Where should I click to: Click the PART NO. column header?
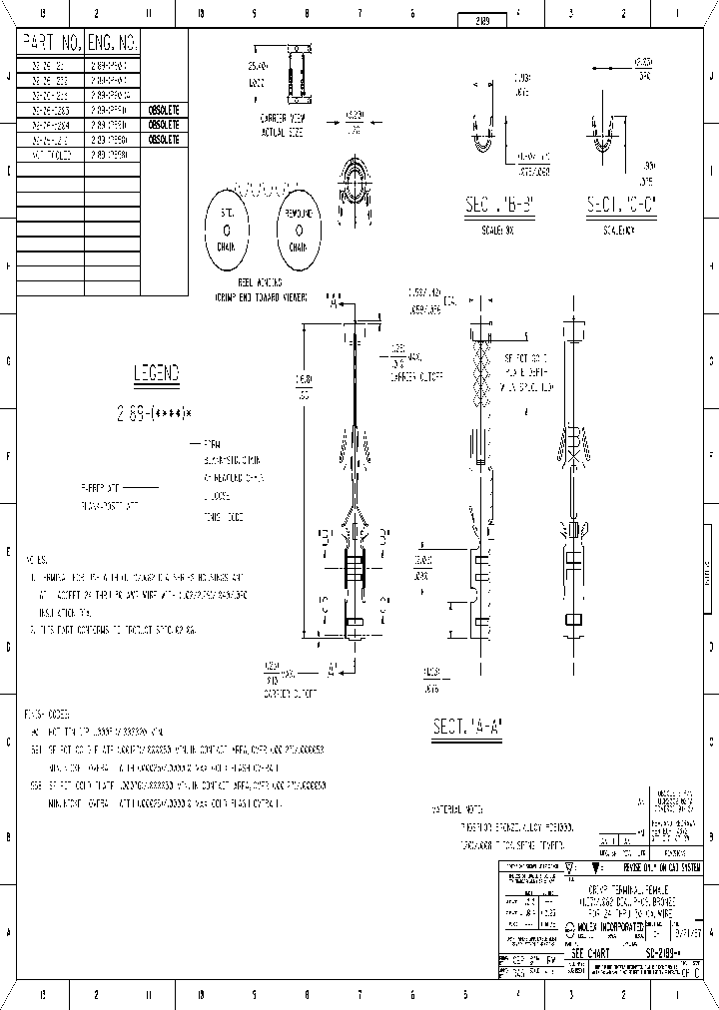tap(51, 43)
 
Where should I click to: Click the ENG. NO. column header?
tap(114, 43)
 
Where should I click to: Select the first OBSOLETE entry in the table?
tap(164, 110)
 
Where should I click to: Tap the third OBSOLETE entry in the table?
tap(164, 140)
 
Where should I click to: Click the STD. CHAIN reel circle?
tap(232, 230)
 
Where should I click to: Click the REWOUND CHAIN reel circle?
tap(299, 230)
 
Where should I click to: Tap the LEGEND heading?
tap(157, 373)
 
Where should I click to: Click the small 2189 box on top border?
tap(480, 20)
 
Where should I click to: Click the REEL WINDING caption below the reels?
tap(260, 284)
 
